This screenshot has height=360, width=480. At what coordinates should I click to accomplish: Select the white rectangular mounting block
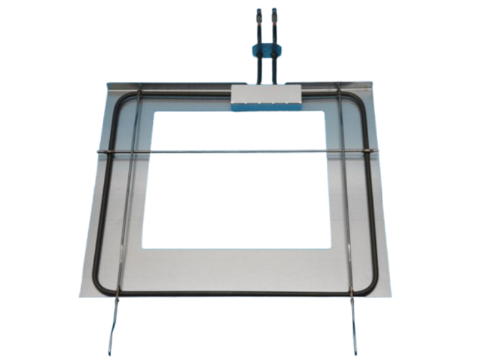click(266, 97)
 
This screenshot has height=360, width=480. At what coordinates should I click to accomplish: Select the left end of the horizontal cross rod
click(98, 154)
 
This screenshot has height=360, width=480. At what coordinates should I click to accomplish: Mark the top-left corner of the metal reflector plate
click(109, 82)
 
